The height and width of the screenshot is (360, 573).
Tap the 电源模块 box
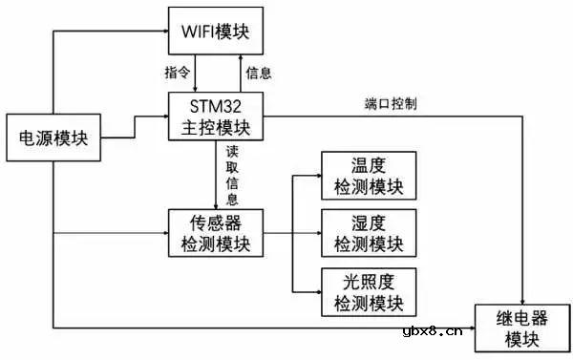click(x=53, y=138)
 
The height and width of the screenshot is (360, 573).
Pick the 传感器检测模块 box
click(x=215, y=231)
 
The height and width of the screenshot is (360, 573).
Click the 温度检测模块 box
click(x=369, y=175)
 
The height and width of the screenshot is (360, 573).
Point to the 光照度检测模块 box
click(x=369, y=291)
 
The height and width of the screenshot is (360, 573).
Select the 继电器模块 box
click(x=523, y=327)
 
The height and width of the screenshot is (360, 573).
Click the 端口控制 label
click(x=390, y=103)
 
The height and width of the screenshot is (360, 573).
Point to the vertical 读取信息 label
click(x=231, y=174)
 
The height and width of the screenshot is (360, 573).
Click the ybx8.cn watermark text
click(x=435, y=334)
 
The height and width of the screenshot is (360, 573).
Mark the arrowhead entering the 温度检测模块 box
click(x=317, y=175)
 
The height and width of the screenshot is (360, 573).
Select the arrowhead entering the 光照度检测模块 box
click(x=317, y=291)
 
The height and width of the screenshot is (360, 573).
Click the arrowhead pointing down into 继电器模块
click(x=523, y=298)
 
